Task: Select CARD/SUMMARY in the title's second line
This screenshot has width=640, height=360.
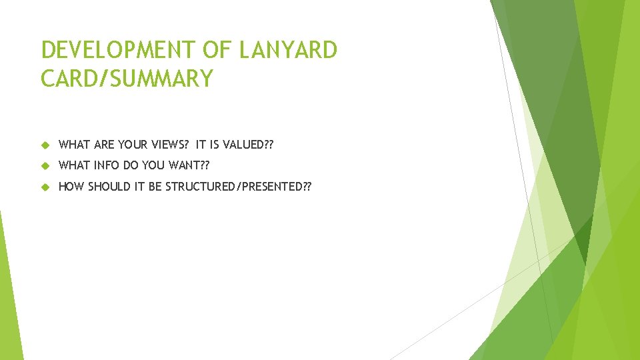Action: tap(127, 79)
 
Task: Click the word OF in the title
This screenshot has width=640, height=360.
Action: tap(210, 50)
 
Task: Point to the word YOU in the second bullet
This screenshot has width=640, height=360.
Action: tap(162, 165)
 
